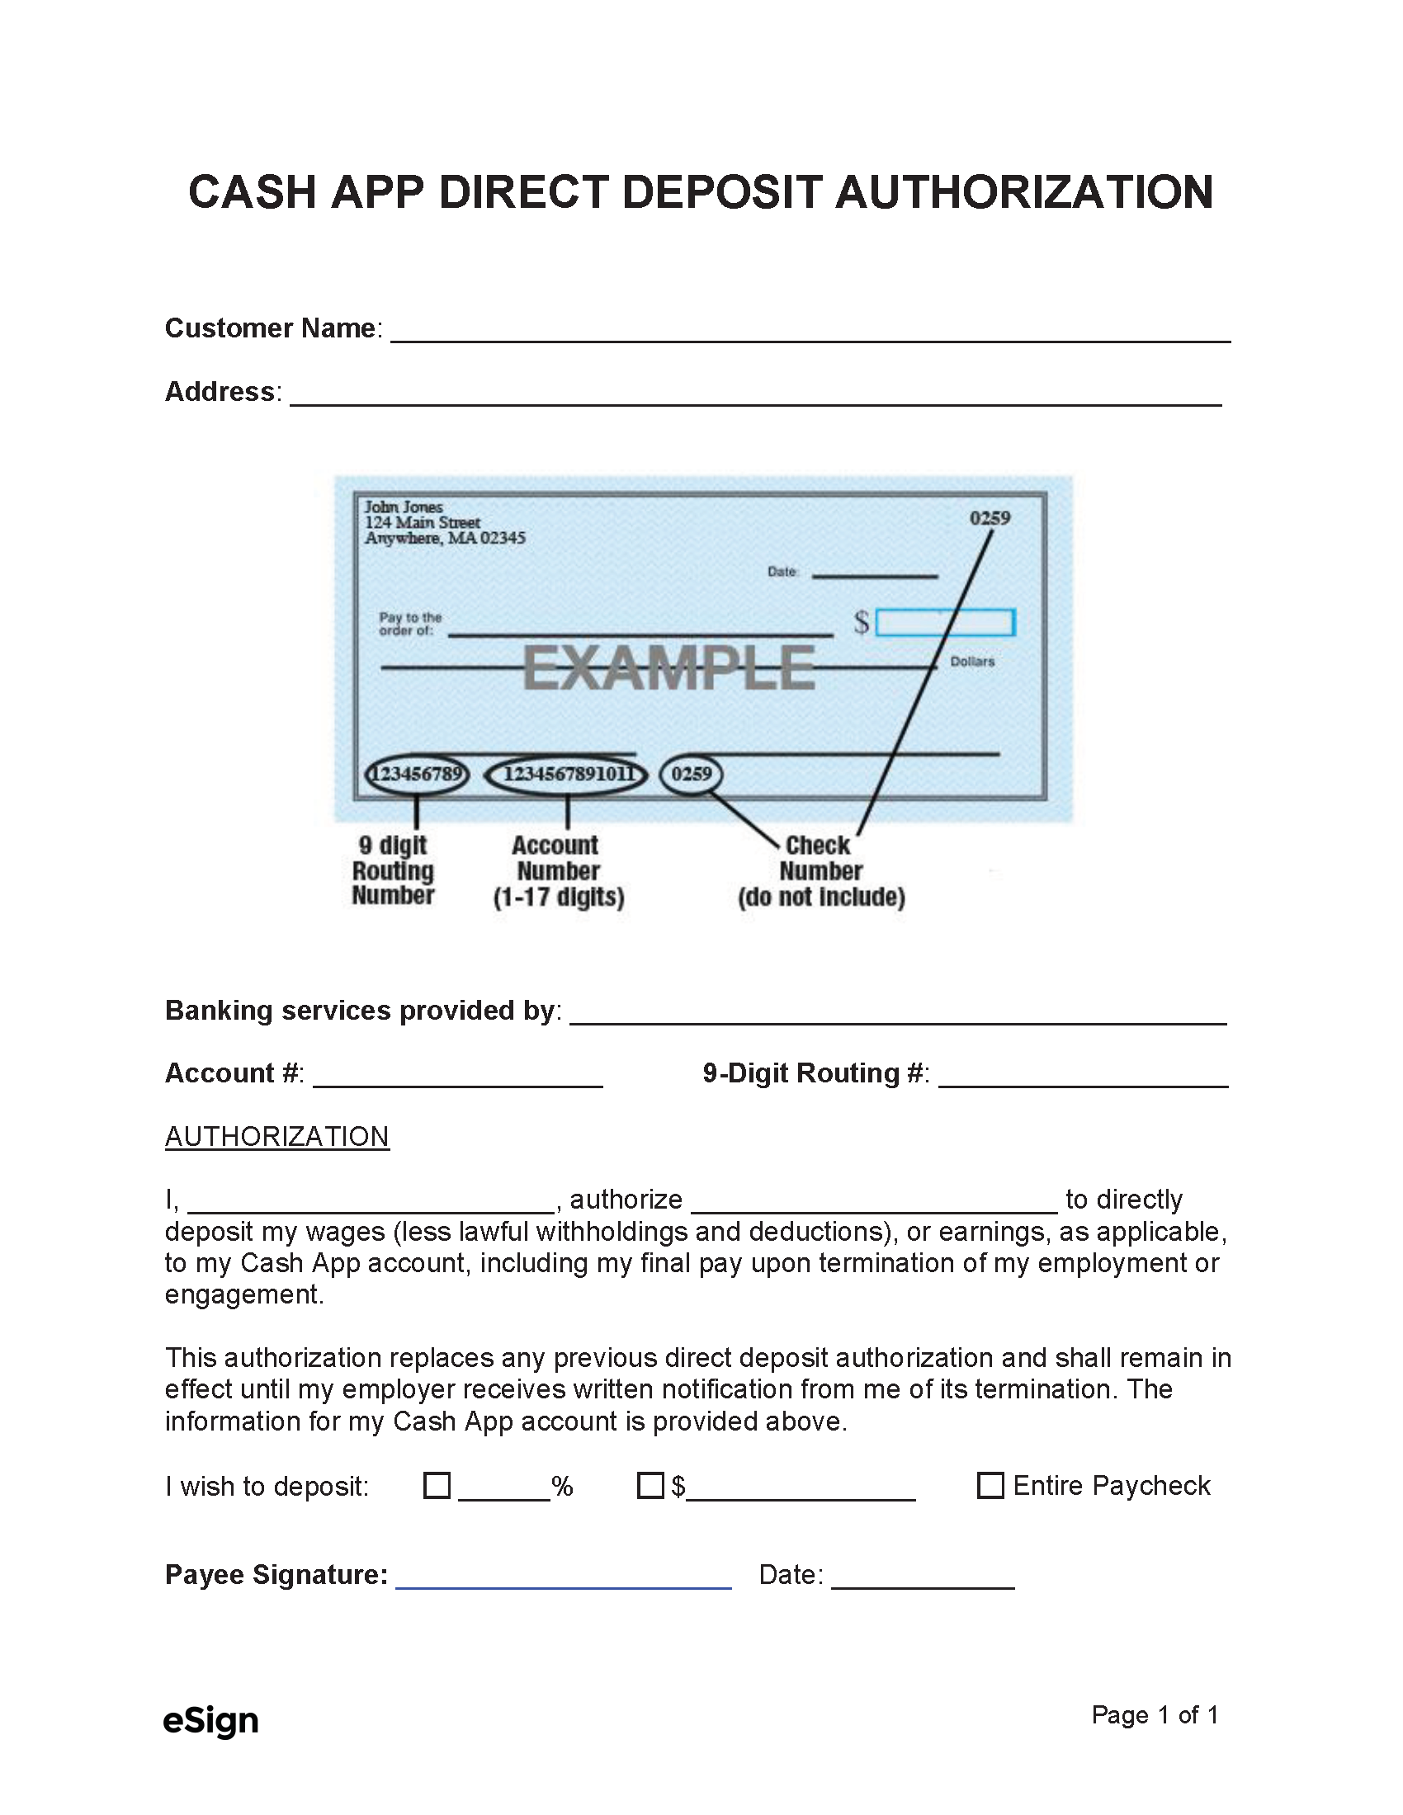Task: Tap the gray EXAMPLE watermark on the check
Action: (x=668, y=669)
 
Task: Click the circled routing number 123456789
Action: (x=417, y=775)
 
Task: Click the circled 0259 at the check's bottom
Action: (x=691, y=775)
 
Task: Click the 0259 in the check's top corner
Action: (x=989, y=519)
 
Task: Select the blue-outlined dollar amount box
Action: (x=945, y=622)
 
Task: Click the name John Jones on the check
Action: (x=404, y=507)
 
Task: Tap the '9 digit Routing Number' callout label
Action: (x=393, y=870)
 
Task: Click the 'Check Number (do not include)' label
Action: (x=821, y=871)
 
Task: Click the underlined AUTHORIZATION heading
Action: (x=276, y=1136)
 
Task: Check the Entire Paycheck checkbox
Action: (x=990, y=1485)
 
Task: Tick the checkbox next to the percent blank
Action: (x=437, y=1485)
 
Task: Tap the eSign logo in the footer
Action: (x=211, y=1719)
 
